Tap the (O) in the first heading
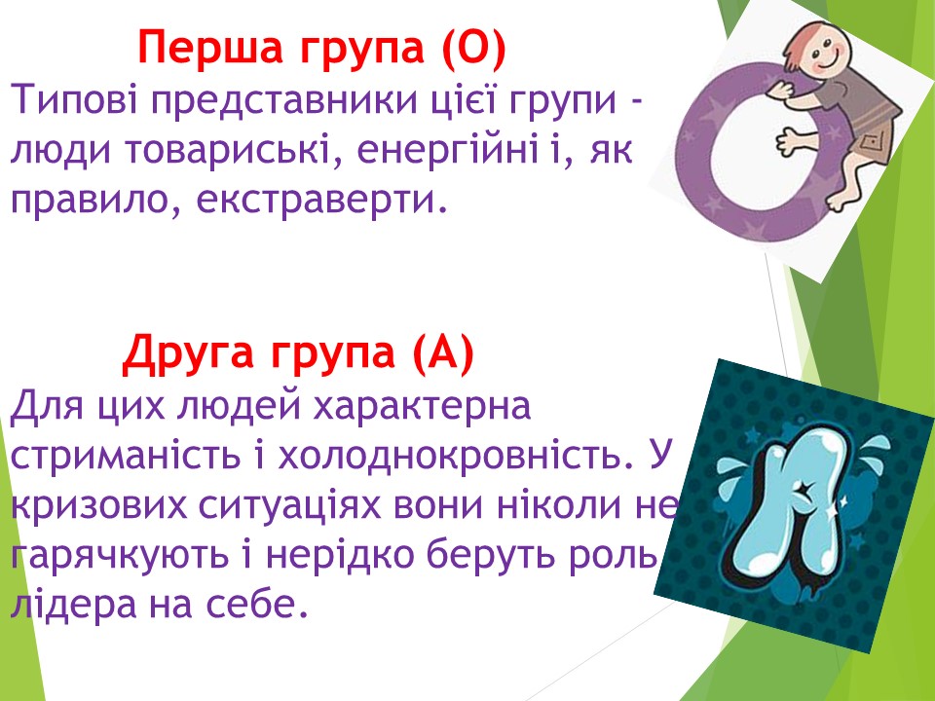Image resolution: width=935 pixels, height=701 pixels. tap(474, 48)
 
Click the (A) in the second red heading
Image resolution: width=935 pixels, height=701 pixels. tap(443, 351)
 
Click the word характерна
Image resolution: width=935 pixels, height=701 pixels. tap(422, 405)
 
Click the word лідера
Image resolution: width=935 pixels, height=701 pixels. tap(73, 604)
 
